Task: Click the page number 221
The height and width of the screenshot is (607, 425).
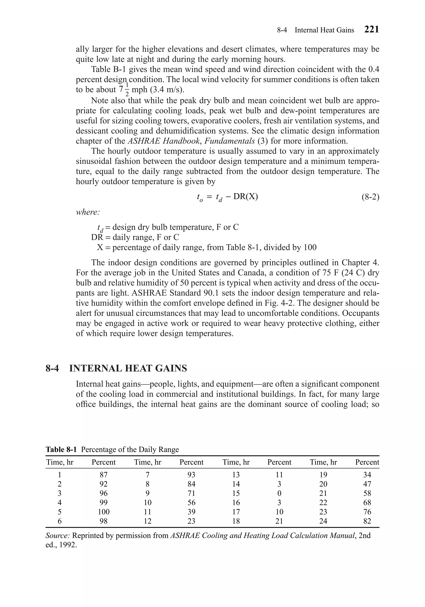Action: pos(371,29)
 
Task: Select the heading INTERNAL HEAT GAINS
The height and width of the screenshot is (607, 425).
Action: pos(128,368)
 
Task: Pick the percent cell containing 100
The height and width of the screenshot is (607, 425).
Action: pos(104,512)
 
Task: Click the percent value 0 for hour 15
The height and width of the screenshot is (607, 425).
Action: pos(279,493)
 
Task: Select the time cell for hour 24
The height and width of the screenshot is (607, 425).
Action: pos(323,521)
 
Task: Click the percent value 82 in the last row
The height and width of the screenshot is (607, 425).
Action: pos(367,521)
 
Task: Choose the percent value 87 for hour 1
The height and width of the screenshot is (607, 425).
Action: pos(104,475)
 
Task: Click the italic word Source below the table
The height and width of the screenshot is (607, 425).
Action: pos(58,536)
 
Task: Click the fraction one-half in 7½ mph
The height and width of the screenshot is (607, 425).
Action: pos(127,90)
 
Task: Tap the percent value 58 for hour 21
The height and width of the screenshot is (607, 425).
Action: pos(367,493)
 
